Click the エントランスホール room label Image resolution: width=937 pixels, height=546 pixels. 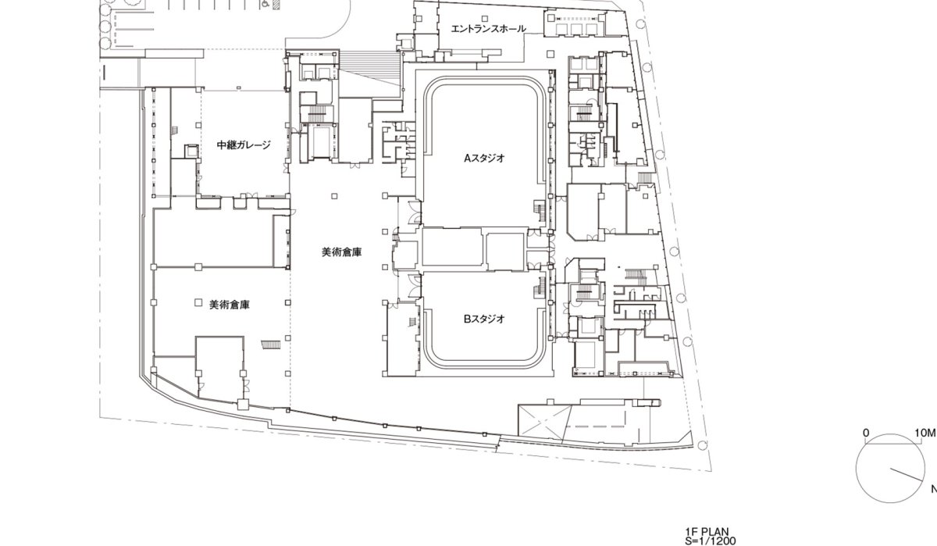(489, 29)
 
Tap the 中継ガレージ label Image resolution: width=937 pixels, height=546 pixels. (244, 145)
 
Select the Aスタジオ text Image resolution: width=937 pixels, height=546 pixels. (484, 158)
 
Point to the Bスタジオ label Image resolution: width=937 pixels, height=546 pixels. (484, 319)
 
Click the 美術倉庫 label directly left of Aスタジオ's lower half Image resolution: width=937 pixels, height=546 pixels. (342, 252)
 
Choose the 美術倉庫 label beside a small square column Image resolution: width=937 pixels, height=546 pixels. (230, 305)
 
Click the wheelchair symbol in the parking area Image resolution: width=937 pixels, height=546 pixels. (265, 5)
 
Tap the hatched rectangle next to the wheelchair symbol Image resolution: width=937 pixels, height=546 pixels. (276, 5)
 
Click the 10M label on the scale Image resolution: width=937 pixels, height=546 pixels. (925, 433)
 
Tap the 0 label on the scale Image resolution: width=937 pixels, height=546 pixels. (866, 433)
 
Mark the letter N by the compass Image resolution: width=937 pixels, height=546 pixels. (934, 489)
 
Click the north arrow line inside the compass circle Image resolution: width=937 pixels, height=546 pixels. (906, 474)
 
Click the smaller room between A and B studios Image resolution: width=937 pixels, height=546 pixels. (505, 252)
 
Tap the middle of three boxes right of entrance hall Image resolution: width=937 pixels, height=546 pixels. (576, 28)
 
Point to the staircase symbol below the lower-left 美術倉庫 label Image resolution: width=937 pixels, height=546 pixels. (271, 344)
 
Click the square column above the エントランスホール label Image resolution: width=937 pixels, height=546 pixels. (485, 19)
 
